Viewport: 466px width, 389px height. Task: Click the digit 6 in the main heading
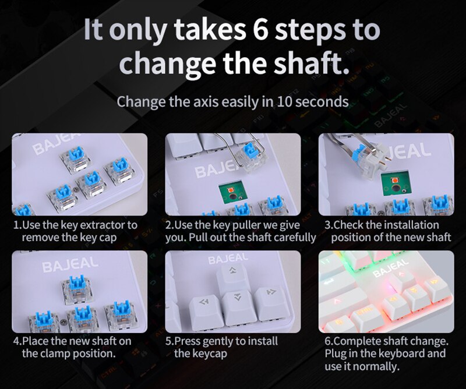tap(263, 30)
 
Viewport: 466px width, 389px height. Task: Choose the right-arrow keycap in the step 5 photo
tap(270, 295)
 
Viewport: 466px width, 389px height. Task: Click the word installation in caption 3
tap(410, 225)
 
